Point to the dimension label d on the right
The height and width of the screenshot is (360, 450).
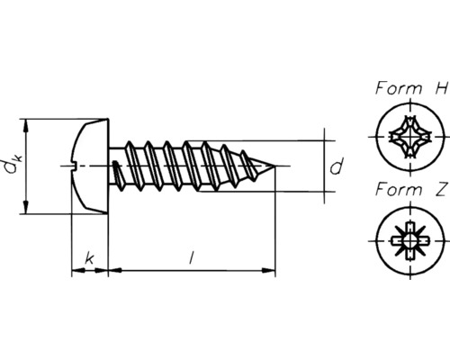click(x=336, y=166)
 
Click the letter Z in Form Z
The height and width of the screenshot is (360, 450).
click(x=440, y=191)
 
